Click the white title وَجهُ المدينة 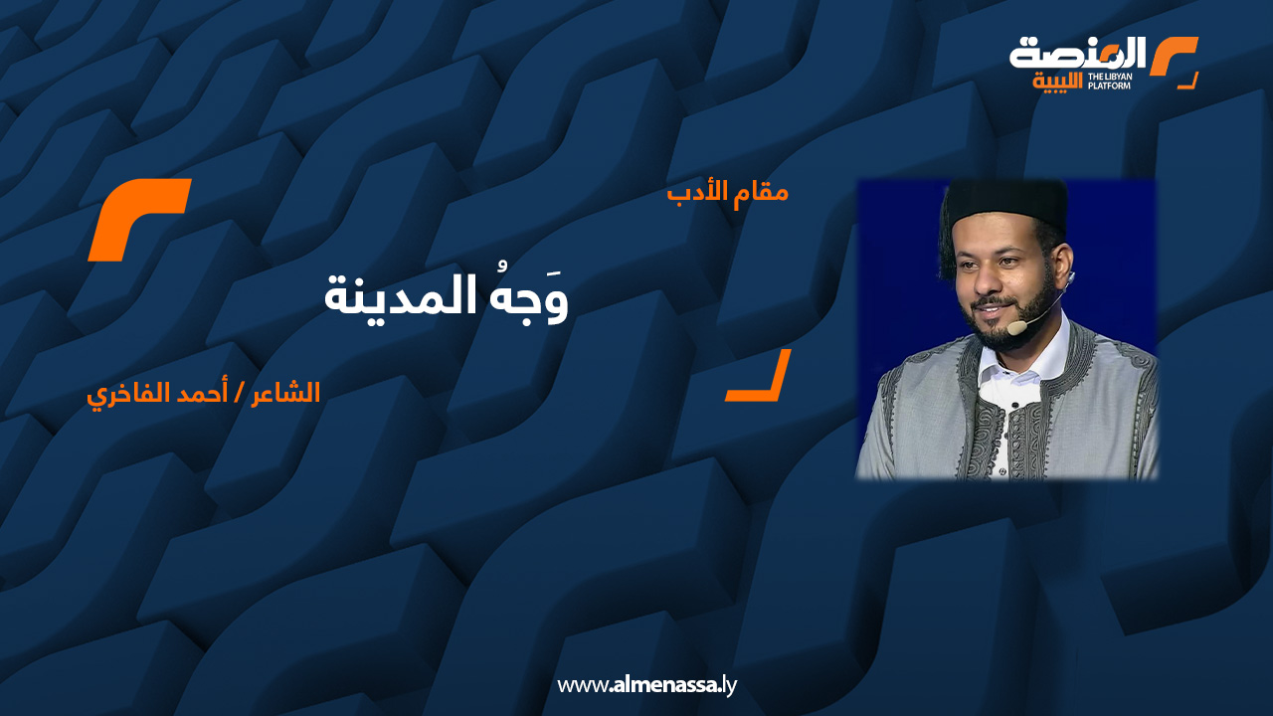click(x=447, y=296)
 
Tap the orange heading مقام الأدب click(x=727, y=193)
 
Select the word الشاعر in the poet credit click(x=285, y=393)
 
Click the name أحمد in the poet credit click(x=202, y=393)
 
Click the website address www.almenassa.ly click(x=646, y=685)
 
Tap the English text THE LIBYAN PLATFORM click(x=1109, y=81)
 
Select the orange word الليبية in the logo click(x=1057, y=82)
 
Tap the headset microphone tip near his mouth click(x=1015, y=328)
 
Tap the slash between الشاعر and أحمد click(x=240, y=393)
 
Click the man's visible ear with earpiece click(x=1061, y=268)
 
